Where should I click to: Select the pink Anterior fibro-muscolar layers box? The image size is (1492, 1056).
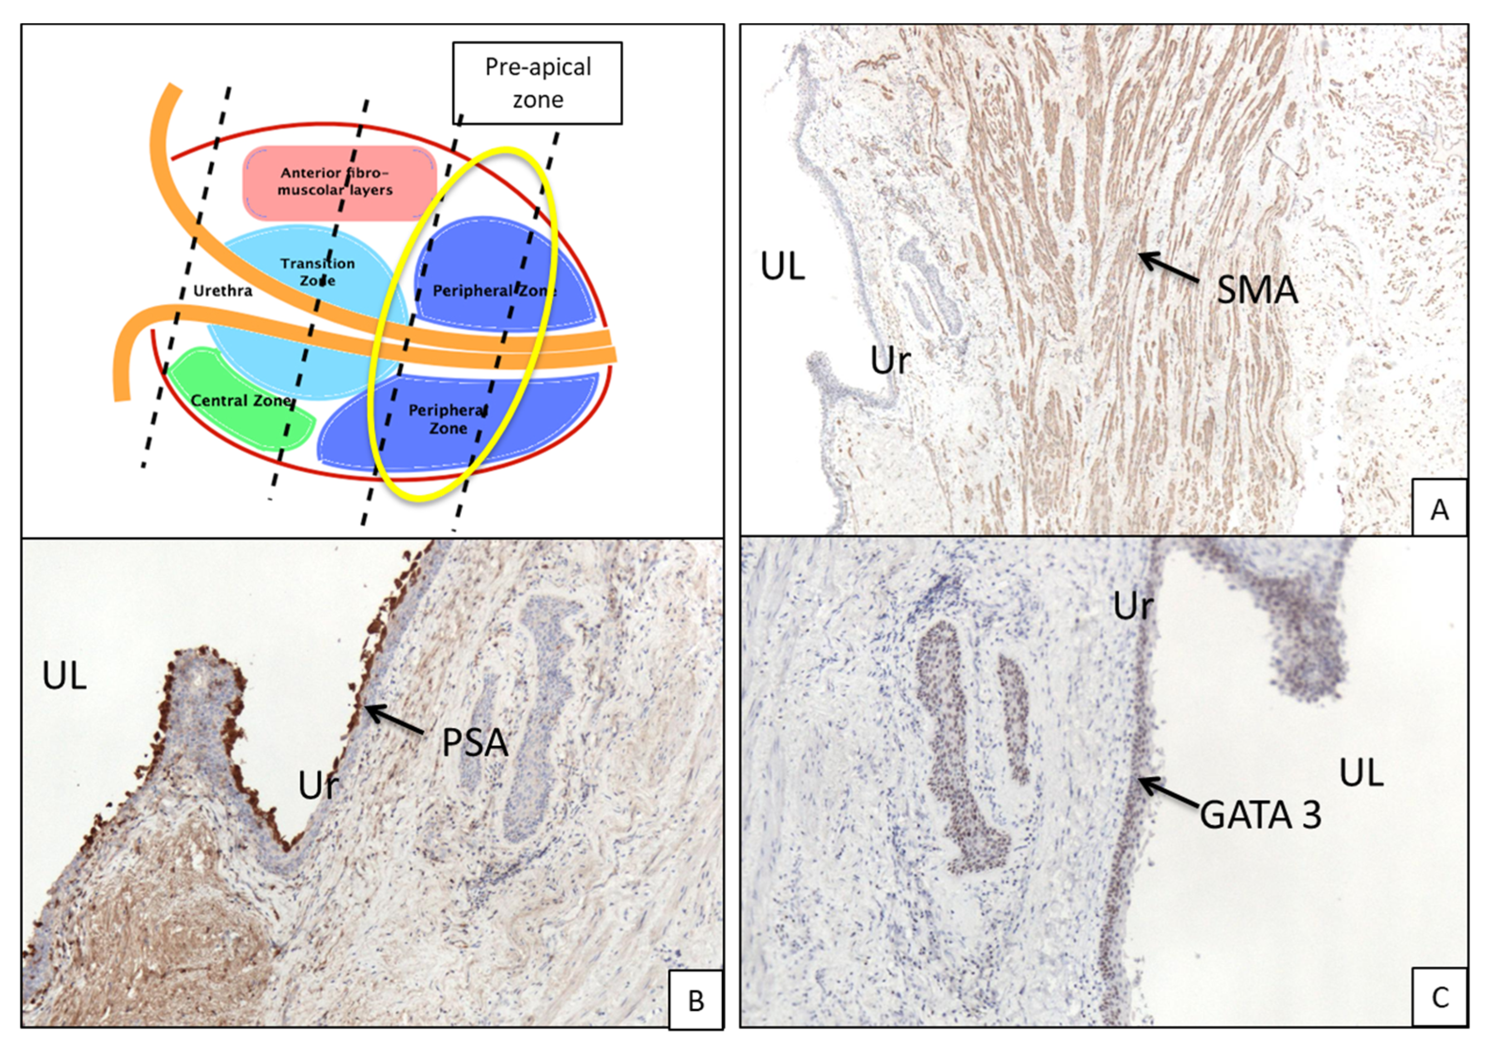338,182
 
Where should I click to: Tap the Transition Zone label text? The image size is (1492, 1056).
317,272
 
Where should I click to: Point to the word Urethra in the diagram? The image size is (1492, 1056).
222,290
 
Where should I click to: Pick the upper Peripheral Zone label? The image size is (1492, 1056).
494,290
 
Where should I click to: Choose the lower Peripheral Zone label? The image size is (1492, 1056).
448,419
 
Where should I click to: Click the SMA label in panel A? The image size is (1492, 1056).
1257,290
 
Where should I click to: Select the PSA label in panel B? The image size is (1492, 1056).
474,742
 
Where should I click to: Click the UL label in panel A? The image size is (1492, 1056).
783,267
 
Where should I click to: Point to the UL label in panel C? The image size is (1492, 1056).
1361,773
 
